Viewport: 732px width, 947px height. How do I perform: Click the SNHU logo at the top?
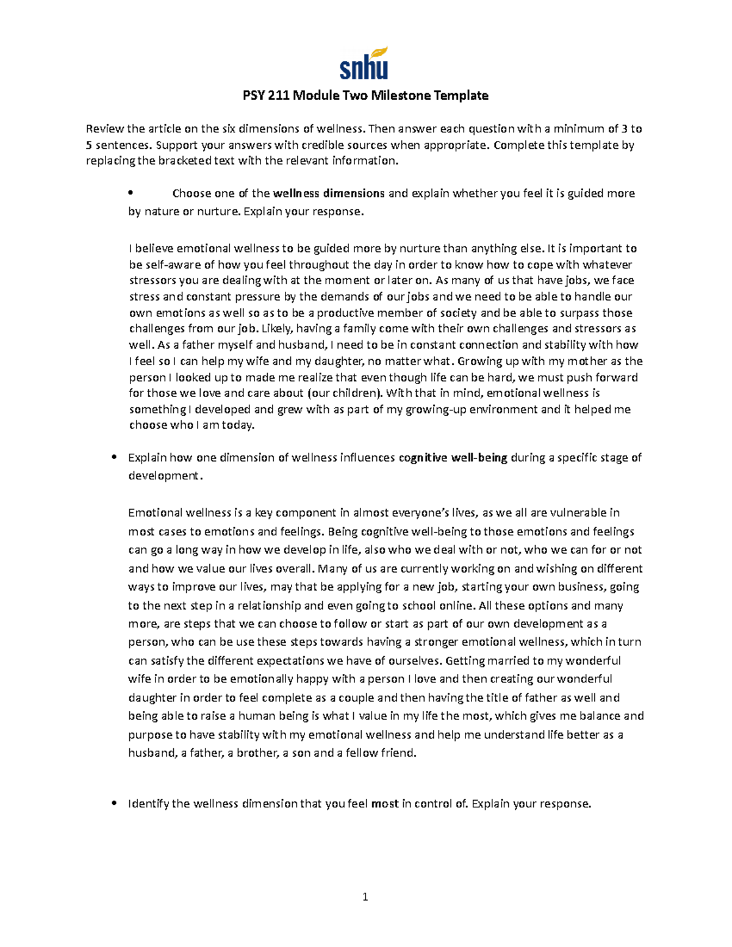coord(364,63)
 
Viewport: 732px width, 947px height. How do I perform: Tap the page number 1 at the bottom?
coord(365,896)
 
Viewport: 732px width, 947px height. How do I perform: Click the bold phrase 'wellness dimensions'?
coord(328,193)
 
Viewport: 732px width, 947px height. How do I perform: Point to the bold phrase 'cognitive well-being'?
coord(453,457)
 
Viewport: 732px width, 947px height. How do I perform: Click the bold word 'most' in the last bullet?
coord(385,804)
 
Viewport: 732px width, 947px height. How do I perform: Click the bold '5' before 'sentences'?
coord(89,145)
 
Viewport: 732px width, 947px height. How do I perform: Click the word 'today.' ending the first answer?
coord(239,426)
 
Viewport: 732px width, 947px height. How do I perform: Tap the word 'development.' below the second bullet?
coord(164,476)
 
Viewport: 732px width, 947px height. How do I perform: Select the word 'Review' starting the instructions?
coord(105,129)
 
